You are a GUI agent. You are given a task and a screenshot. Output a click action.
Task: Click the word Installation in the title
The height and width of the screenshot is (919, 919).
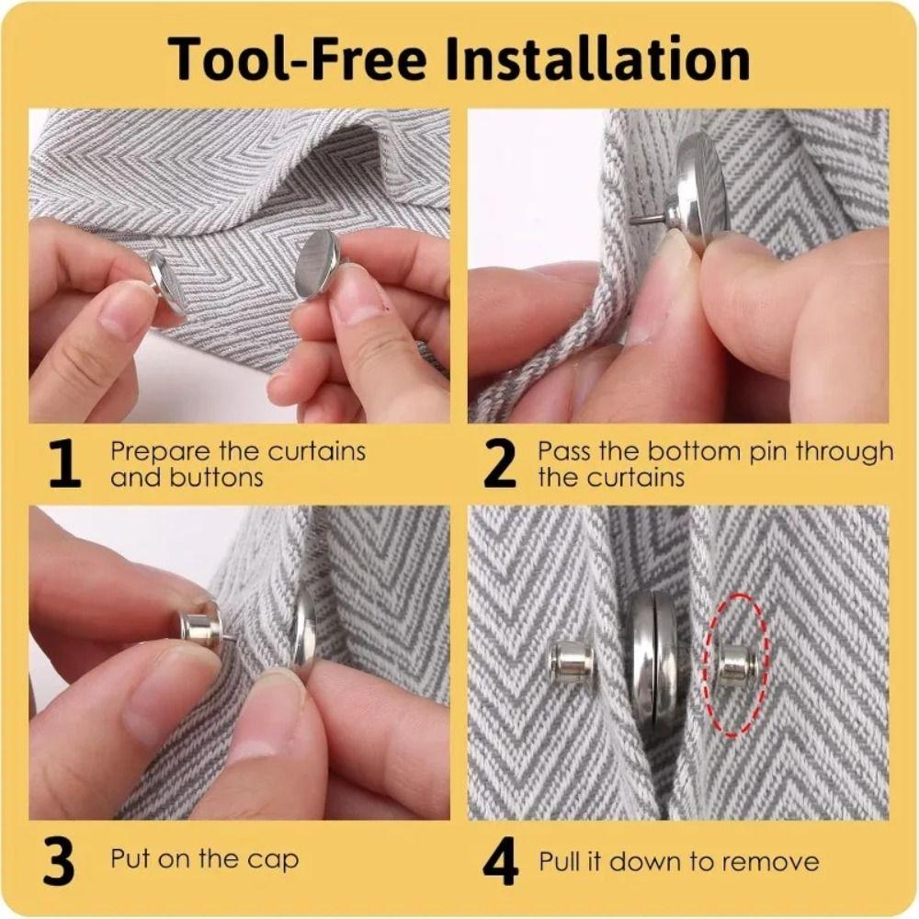(x=598, y=59)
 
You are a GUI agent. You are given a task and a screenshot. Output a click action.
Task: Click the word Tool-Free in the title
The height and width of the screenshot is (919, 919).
(x=297, y=59)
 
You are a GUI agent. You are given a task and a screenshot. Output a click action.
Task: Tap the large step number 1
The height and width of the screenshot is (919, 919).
(x=64, y=464)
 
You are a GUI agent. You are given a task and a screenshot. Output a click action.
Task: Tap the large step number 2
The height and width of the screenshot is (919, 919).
(x=500, y=464)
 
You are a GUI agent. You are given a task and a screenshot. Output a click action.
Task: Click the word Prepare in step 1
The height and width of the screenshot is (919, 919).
(x=160, y=452)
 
